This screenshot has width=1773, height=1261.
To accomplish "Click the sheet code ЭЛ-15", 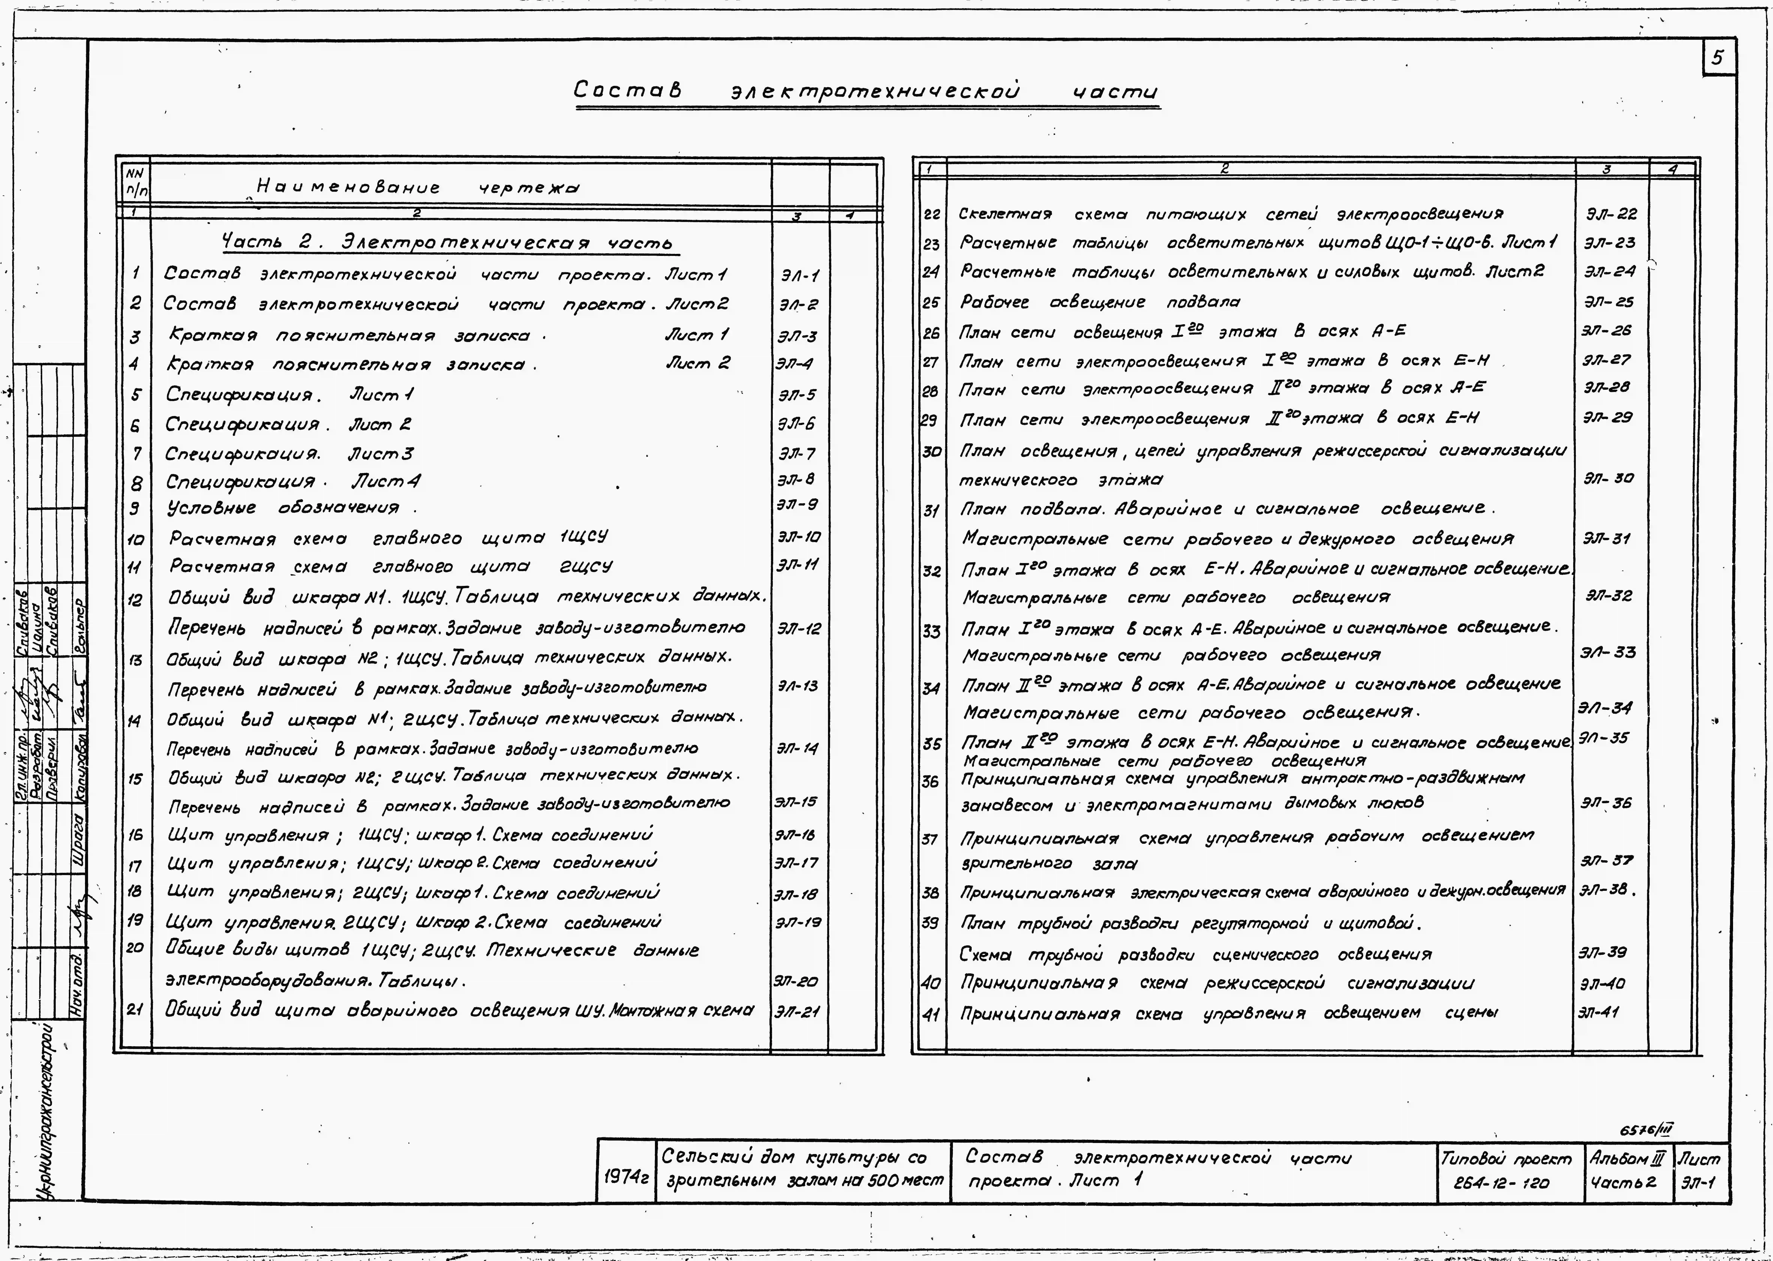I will [796, 802].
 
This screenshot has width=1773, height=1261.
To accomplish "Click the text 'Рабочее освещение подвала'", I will [1099, 302].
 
